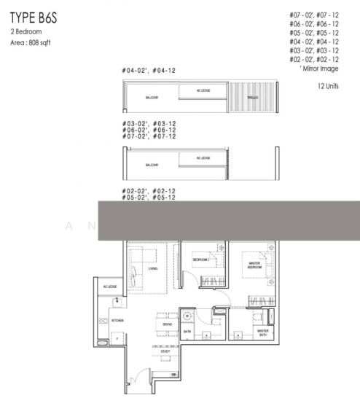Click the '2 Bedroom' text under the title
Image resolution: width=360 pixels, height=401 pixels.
click(26, 34)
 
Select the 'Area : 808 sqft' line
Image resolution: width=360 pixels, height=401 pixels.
click(31, 43)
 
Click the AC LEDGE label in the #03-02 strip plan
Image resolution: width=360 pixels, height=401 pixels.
click(203, 157)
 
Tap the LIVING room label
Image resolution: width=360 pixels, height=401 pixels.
click(152, 268)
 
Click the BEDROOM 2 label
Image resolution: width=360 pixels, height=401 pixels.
click(201, 260)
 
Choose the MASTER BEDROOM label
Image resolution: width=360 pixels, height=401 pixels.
click(254, 265)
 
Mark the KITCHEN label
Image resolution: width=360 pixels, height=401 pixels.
click(117, 320)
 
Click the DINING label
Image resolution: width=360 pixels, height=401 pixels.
click(167, 324)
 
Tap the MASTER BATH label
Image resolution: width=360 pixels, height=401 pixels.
click(262, 332)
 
